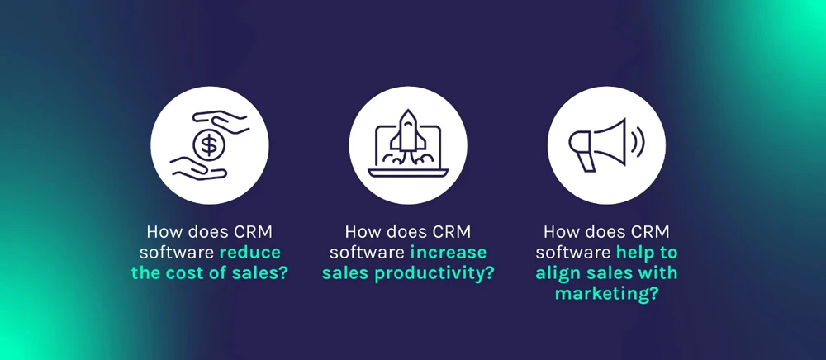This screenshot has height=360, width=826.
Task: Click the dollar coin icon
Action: tap(209, 145)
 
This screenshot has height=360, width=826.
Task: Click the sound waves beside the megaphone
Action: tap(638, 143)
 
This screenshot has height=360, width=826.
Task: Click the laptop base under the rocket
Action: tap(408, 173)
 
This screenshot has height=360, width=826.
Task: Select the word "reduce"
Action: tap(249, 253)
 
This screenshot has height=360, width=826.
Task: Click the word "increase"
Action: tap(449, 253)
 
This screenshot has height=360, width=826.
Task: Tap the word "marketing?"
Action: tap(606, 294)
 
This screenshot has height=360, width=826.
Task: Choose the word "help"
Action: tap(634, 253)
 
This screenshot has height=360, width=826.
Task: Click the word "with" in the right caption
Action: tap(658, 273)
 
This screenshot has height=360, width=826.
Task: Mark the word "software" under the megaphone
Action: tap(573, 253)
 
